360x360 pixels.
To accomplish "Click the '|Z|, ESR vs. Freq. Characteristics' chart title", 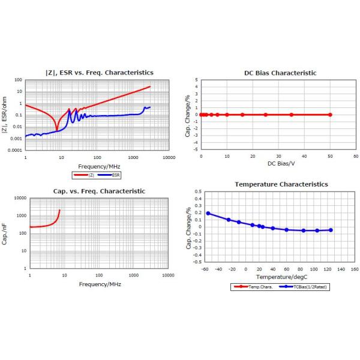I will point(100,73).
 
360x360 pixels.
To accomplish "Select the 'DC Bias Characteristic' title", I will point(280,73).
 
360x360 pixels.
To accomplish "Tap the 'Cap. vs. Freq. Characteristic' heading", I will point(100,191).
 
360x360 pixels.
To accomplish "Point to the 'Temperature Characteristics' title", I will point(281,184).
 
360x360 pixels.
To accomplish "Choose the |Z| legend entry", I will point(84,175).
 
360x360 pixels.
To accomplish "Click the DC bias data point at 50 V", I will point(330,114).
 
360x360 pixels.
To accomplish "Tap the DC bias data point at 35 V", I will point(292,114).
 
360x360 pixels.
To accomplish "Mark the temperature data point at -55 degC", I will point(208,213).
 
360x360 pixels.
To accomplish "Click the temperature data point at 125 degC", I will point(331,230).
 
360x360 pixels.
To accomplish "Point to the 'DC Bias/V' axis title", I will point(280,163).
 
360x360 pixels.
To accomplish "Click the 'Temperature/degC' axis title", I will point(280,277).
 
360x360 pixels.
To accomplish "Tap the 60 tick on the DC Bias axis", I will point(356,155).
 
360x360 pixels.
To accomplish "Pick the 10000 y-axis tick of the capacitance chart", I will point(19,198).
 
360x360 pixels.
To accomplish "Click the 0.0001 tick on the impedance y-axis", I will point(16,150).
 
